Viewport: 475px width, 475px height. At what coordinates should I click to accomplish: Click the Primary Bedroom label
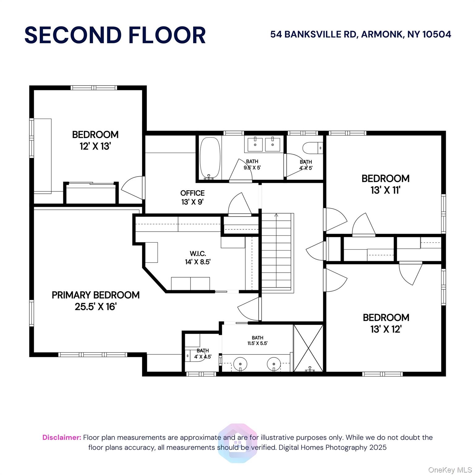tap(96, 301)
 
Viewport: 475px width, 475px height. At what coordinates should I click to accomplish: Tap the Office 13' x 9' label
tap(192, 198)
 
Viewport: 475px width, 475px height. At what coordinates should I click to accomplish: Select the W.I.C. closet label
tap(198, 258)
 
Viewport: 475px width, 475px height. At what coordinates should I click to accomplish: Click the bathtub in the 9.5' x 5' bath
tap(210, 158)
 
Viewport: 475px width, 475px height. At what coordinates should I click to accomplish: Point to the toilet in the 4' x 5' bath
tap(312, 148)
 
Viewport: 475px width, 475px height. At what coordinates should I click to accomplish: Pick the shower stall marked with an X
tap(308, 348)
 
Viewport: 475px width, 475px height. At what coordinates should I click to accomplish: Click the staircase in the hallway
tap(277, 252)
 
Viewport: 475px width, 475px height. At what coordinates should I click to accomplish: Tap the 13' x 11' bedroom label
tap(385, 184)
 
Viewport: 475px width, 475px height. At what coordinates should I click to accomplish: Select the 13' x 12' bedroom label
tap(386, 323)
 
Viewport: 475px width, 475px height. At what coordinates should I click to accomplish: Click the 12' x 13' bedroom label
tap(95, 140)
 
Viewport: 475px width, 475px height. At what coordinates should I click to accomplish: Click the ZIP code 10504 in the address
tap(437, 34)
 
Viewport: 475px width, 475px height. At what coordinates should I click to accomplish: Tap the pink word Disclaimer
tap(62, 437)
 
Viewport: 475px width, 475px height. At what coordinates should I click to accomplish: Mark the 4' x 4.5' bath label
tap(203, 353)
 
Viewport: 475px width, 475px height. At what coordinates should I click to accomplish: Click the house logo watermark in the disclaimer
tap(237, 443)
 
